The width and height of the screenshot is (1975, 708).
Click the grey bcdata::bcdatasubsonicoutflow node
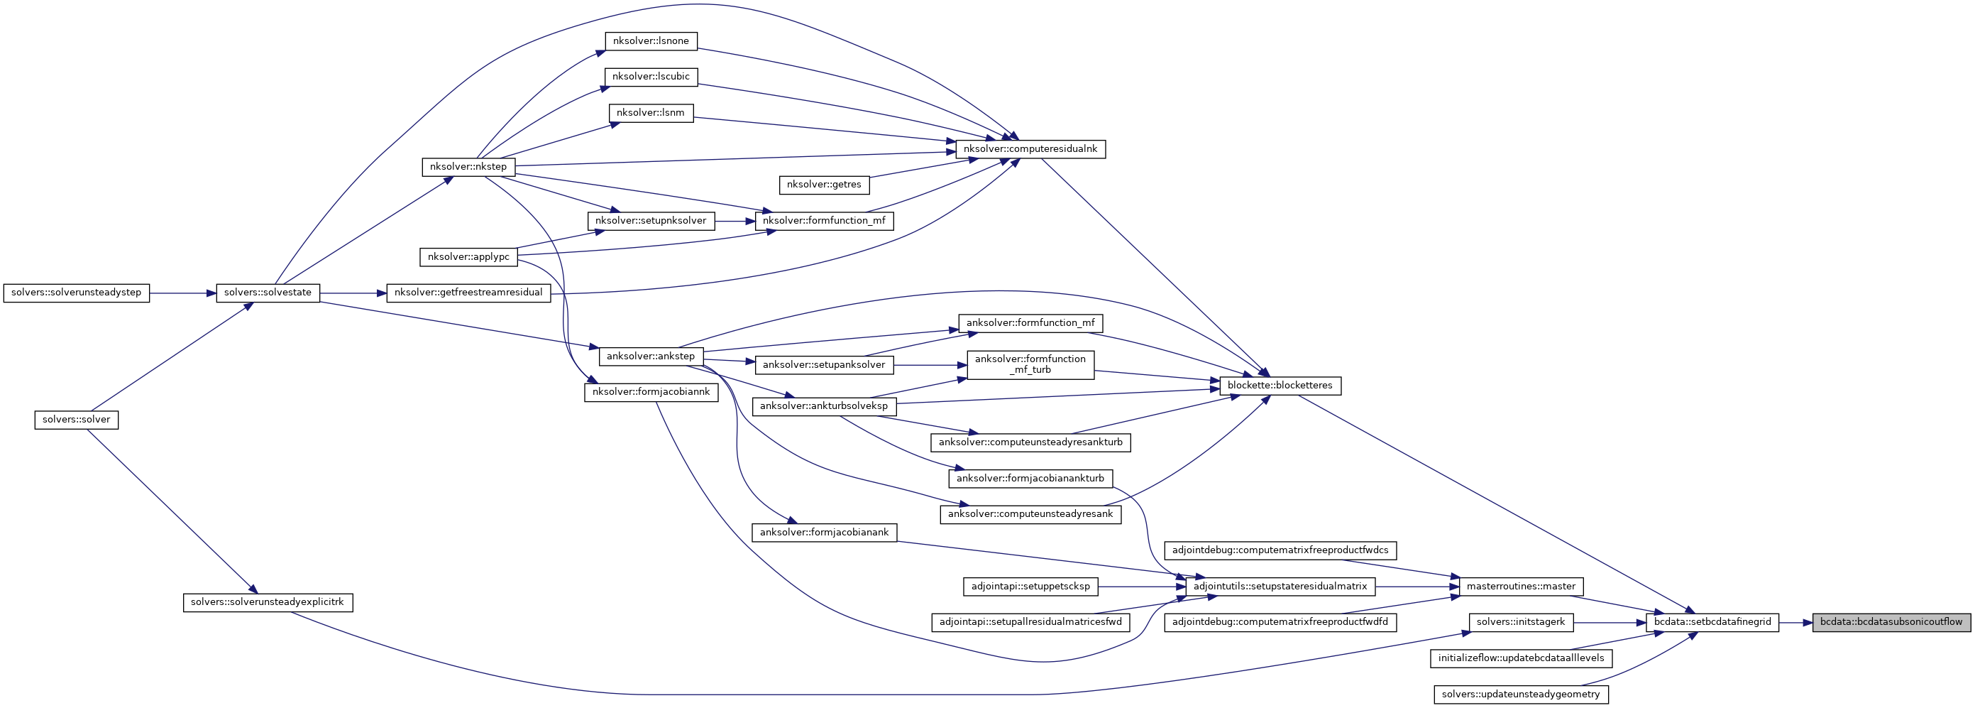pyautogui.click(x=1891, y=622)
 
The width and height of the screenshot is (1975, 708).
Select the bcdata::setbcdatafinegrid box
pyautogui.click(x=1712, y=622)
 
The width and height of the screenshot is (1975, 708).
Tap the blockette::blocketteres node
pyautogui.click(x=1280, y=386)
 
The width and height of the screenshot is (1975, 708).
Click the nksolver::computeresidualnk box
pyautogui.click(x=1030, y=149)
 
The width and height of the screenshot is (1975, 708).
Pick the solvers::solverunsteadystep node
pyautogui.click(x=76, y=293)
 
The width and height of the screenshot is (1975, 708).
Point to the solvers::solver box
pyautogui.click(x=76, y=420)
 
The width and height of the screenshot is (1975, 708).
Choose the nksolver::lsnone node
pyautogui.click(x=651, y=41)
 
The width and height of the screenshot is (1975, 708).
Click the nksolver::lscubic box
pyautogui.click(x=651, y=77)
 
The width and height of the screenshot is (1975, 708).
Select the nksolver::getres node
pyautogui.click(x=823, y=185)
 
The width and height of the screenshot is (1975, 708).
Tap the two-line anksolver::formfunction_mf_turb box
pyautogui.click(x=1030, y=364)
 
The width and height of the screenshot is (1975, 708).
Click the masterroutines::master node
pyautogui.click(x=1520, y=587)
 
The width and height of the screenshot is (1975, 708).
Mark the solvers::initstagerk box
pyautogui.click(x=1520, y=622)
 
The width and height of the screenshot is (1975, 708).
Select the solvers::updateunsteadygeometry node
pyautogui.click(x=1520, y=695)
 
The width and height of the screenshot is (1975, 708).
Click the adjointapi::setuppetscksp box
pyautogui.click(x=1030, y=587)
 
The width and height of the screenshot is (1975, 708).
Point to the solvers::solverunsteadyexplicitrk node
pyautogui.click(x=268, y=602)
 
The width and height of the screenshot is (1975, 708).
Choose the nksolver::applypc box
pyautogui.click(x=468, y=257)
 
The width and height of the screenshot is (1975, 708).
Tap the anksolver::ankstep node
pyautogui.click(x=650, y=356)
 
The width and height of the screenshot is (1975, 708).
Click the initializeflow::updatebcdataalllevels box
pyautogui.click(x=1520, y=658)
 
